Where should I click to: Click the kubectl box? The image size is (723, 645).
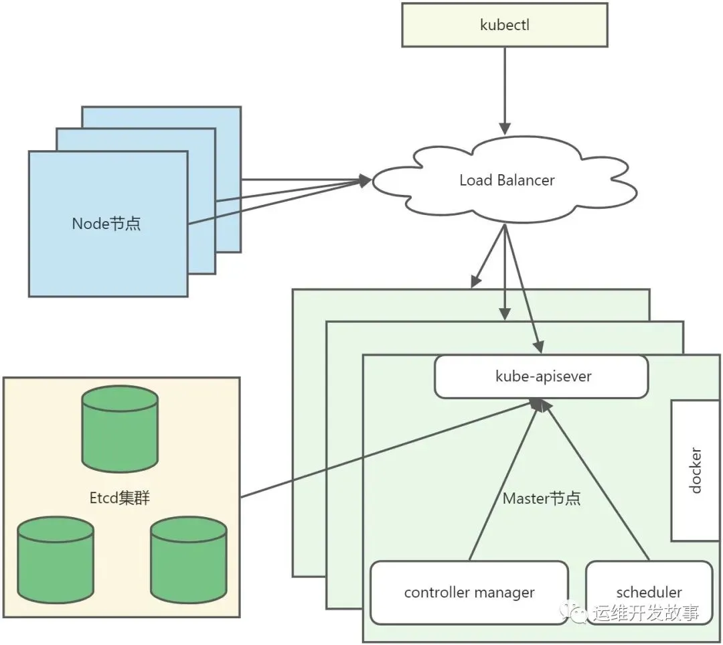(x=505, y=25)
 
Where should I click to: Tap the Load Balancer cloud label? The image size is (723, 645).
(x=506, y=180)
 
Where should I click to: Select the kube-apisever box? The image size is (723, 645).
(x=542, y=376)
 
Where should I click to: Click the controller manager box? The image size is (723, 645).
(x=469, y=592)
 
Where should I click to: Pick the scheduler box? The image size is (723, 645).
(x=649, y=592)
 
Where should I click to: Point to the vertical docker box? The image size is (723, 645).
(x=696, y=470)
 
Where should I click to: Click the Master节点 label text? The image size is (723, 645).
(x=542, y=498)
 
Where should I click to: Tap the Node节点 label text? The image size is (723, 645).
(x=106, y=224)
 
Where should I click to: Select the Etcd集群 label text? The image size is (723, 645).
(x=120, y=498)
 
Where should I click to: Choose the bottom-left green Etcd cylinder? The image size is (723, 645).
(x=55, y=560)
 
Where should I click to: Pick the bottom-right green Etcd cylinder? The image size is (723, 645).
(x=189, y=560)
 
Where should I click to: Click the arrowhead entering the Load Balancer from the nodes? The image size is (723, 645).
(x=365, y=180)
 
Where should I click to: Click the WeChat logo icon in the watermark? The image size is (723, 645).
(x=576, y=611)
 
